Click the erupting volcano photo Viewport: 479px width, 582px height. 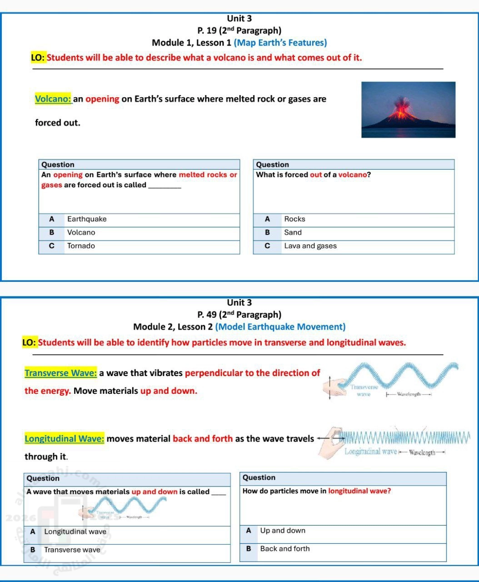(408, 110)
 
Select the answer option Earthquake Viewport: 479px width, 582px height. (87, 219)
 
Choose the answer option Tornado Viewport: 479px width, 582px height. (81, 246)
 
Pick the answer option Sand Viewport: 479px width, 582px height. (293, 232)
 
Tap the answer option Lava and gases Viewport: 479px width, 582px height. (310, 246)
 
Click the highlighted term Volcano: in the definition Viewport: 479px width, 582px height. (53, 99)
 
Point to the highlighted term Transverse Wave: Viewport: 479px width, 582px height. (60, 373)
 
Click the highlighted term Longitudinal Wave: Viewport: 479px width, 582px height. (64, 439)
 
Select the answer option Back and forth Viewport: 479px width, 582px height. (284, 549)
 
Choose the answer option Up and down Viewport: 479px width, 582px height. (283, 531)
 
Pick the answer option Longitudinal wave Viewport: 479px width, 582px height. (75, 532)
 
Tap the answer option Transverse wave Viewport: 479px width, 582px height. (72, 550)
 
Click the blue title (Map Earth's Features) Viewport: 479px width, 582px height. (280, 43)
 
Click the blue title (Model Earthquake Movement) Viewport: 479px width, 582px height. (280, 327)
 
